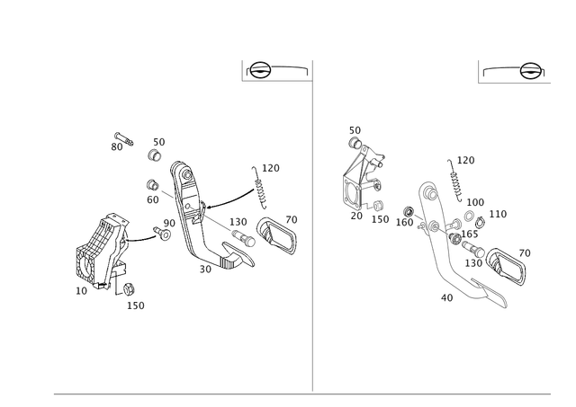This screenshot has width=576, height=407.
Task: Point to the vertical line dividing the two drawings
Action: click(x=311, y=225)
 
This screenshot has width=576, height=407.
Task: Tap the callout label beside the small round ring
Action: click(x=160, y=140)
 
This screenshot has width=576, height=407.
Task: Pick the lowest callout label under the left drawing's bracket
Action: click(x=136, y=306)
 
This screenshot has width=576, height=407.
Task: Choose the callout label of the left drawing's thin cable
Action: click(x=268, y=167)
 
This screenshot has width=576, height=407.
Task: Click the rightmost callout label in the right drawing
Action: click(x=527, y=251)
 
